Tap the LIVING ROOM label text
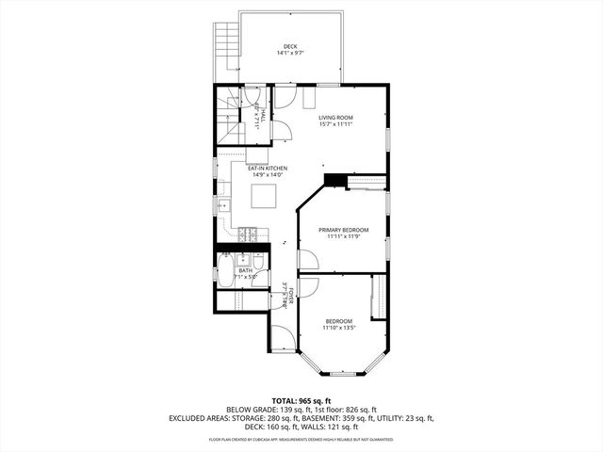pos(335,118)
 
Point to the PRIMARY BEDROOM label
pos(343,230)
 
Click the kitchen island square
pos(265,196)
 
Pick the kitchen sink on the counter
pos(224,204)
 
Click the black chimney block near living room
pos(334,182)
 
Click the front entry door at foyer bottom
pos(280,337)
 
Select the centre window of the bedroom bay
pos(342,370)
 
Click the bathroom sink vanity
pos(243,260)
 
